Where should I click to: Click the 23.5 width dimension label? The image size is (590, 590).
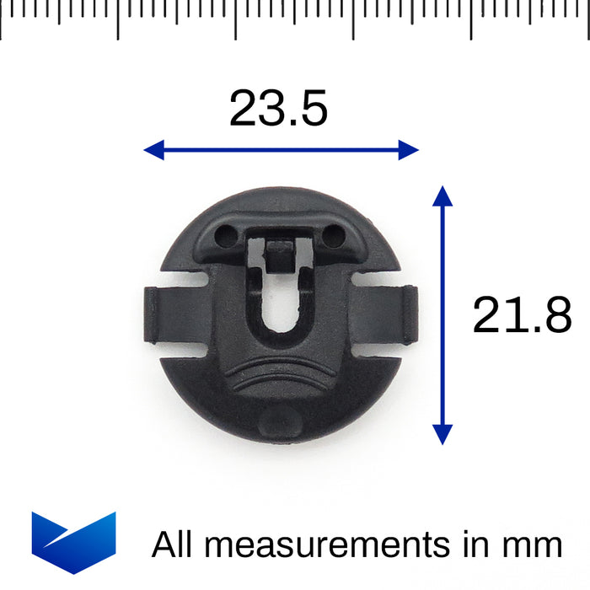point(278,109)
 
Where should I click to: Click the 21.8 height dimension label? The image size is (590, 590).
point(522,314)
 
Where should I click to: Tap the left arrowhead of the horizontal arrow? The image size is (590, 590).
point(154,150)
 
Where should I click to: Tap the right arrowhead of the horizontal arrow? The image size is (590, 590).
point(409,150)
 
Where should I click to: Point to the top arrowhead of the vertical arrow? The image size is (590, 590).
point(442,196)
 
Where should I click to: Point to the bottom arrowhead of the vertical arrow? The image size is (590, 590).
point(442,435)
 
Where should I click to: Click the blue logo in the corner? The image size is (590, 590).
point(74,543)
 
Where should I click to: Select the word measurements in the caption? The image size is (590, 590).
point(327,544)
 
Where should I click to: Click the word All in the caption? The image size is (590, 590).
point(172,544)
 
